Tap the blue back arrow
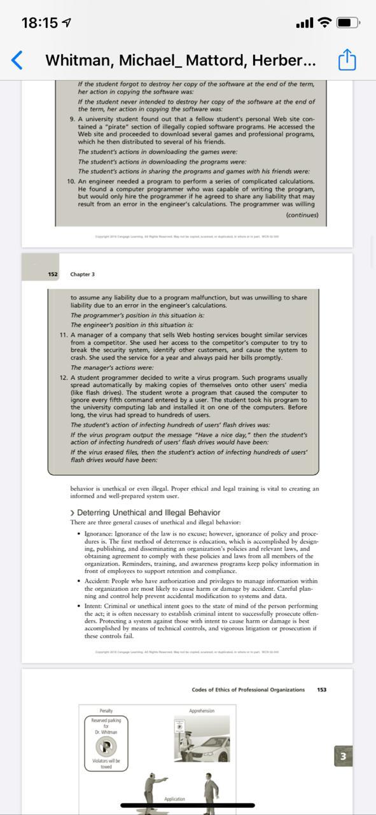coord(17,60)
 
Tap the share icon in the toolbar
coord(347,60)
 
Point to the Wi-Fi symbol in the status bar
coord(324,23)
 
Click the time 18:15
coord(39,23)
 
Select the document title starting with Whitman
coord(180,60)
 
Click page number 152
coord(53,274)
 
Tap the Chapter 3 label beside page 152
coord(83,274)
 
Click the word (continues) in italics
coord(302,215)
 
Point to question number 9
coord(72,118)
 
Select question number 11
coord(64,335)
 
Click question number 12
coord(64,378)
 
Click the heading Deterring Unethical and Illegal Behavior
coord(148,513)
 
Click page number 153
coord(321,690)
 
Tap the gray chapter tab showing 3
coord(343,756)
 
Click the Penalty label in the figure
coord(106,711)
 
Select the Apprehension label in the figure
coord(202,711)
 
